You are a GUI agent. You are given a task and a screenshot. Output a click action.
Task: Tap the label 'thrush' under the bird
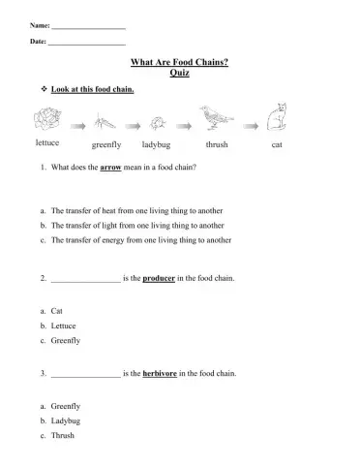click(216, 144)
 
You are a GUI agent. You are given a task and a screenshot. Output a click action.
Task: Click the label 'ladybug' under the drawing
click(156, 144)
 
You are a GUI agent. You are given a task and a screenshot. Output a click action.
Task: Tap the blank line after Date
click(88, 45)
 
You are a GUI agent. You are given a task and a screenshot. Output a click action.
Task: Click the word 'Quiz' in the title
click(179, 73)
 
